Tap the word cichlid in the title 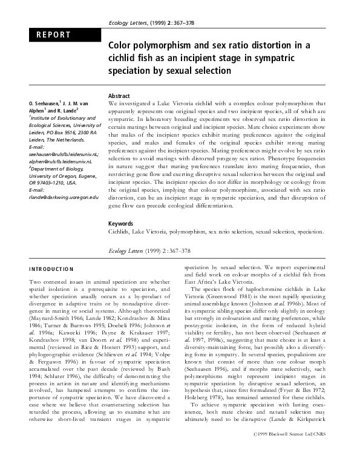coord(125,58)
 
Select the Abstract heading coord(120,96)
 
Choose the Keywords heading coord(121,223)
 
